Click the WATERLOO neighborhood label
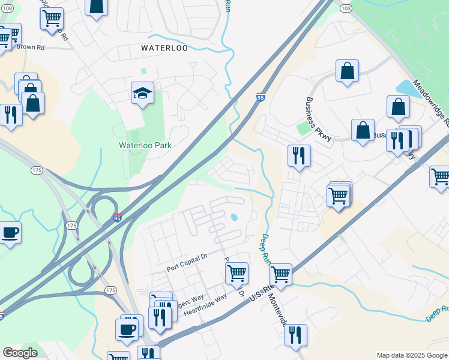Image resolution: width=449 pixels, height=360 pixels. coord(164,48)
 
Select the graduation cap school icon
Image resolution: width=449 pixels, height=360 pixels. coord(143,93)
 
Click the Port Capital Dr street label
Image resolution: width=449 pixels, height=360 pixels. coord(187,256)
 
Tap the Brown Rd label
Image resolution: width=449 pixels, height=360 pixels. coord(31,46)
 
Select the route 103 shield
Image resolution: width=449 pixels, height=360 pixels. coord(345,8)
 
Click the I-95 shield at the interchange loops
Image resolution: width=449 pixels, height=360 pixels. coord(117,219)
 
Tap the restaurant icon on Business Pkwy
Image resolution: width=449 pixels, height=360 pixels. coord(298,156)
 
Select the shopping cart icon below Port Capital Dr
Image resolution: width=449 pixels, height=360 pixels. coord(237,273)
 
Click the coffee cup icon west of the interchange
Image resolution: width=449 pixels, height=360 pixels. coord(10,232)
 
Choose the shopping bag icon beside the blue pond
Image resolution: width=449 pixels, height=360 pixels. coord(399,107)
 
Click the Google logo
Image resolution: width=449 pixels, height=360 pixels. coord(19,353)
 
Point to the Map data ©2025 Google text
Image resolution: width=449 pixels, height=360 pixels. coord(412,355)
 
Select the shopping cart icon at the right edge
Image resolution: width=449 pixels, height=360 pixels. coord(441,177)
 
